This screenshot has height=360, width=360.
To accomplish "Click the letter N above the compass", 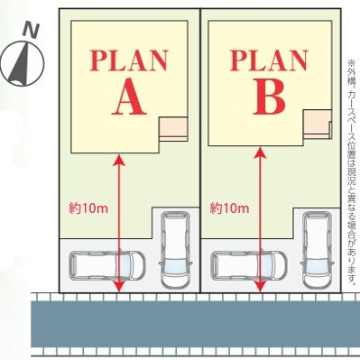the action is (31, 31).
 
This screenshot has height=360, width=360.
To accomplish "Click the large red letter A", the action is (129, 97).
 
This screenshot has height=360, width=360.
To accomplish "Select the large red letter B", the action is (269, 97).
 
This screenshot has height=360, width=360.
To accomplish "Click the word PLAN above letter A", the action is (129, 60).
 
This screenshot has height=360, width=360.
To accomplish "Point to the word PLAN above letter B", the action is (269, 60).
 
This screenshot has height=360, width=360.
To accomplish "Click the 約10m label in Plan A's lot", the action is (88, 208).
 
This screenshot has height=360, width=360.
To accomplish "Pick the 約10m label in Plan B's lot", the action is (229, 208).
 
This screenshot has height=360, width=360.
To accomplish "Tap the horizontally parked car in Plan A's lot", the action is (107, 265).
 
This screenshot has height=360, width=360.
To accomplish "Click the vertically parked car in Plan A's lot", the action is (176, 249).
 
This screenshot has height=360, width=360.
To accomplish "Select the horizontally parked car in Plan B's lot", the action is (249, 265).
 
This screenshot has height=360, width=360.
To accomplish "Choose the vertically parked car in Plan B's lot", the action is (318, 249).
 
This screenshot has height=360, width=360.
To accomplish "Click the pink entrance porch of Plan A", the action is (173, 127).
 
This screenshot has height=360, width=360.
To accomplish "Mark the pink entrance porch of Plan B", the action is (317, 122).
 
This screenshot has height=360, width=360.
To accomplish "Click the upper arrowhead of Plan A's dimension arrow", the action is (119, 160).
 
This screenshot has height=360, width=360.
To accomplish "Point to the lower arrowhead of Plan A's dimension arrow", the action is (119, 287).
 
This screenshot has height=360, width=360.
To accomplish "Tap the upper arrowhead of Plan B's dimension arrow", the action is (261, 152).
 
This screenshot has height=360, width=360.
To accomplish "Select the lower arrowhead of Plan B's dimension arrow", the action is (261, 287).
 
